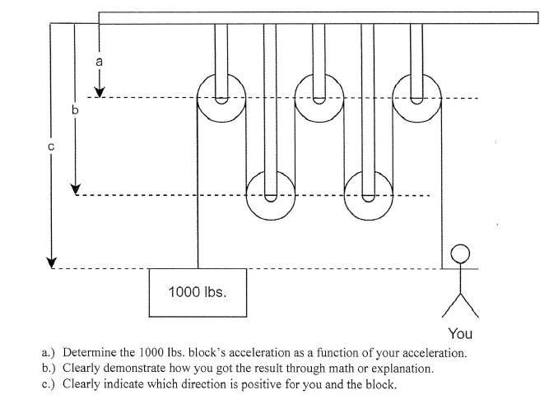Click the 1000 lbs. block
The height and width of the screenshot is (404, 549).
pyautogui.click(x=198, y=292)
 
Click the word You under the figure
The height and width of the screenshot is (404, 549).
pyautogui.click(x=462, y=333)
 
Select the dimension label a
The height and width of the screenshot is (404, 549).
pyautogui.click(x=99, y=60)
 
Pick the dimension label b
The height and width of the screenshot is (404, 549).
pyautogui.click(x=75, y=109)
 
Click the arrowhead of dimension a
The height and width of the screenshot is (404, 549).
pyautogui.click(x=99, y=91)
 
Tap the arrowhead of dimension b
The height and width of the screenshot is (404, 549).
pyautogui.click(x=75, y=188)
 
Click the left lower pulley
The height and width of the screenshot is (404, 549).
pyautogui.click(x=270, y=195)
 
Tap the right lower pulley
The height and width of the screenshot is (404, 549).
pyautogui.click(x=368, y=195)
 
